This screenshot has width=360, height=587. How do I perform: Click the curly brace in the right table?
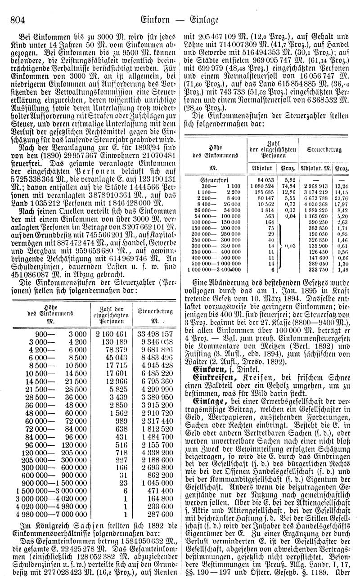(x=281, y=246)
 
